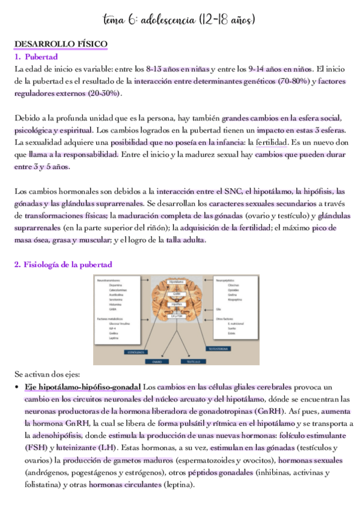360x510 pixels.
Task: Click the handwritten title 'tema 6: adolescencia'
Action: tap(180, 20)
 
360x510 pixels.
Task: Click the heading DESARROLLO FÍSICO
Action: tap(61, 45)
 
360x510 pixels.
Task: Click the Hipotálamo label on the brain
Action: tap(177, 281)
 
